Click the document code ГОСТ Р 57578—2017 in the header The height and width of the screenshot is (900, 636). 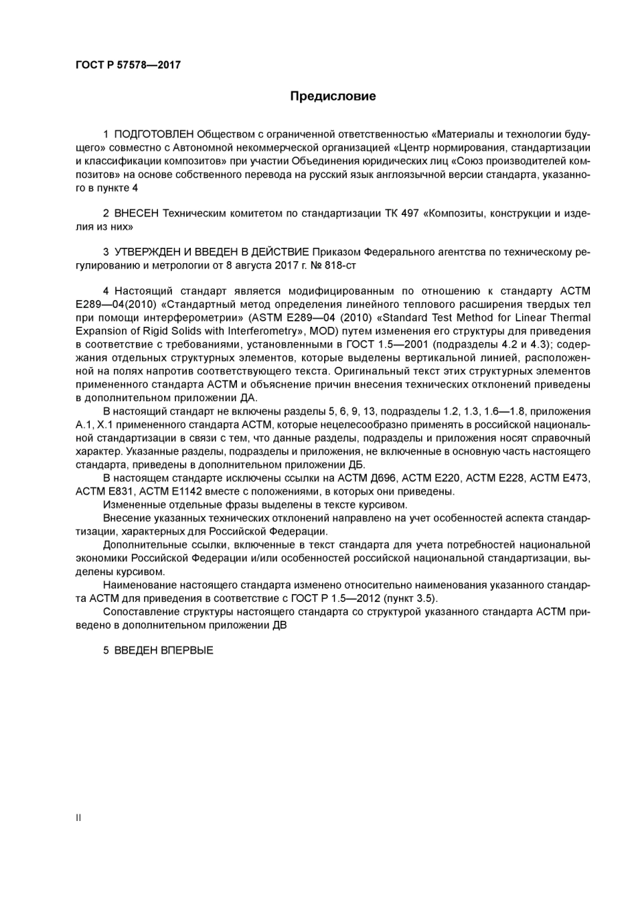(x=128, y=65)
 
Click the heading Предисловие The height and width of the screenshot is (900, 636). (x=333, y=96)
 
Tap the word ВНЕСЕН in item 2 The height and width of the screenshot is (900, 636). (x=137, y=214)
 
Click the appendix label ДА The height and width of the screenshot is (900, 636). (x=248, y=398)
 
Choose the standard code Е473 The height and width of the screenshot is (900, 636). (x=571, y=478)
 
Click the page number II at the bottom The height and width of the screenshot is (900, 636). (x=78, y=818)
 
